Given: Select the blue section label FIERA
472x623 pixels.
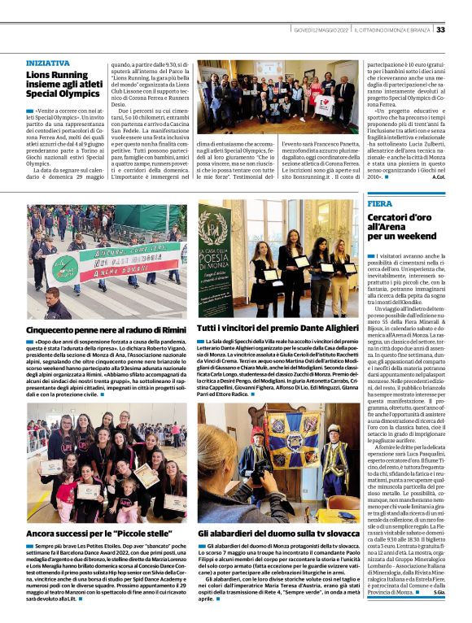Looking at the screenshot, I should (x=379, y=203).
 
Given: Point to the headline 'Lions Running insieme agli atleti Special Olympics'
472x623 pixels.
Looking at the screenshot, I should (x=61, y=85).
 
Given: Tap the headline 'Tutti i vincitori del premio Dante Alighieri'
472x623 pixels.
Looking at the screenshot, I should (x=277, y=327).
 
